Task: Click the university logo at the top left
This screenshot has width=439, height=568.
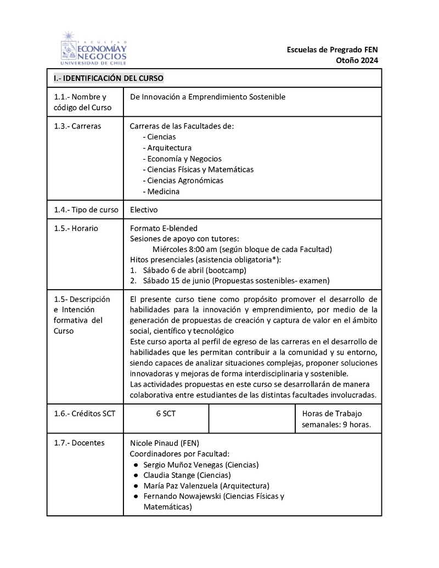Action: (x=93, y=48)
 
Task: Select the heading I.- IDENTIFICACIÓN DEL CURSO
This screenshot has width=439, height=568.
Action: (x=109, y=78)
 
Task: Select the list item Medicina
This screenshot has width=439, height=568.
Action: (x=163, y=191)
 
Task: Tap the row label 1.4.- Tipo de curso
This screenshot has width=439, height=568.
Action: (x=86, y=210)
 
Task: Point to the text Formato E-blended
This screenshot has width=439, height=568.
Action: (x=164, y=228)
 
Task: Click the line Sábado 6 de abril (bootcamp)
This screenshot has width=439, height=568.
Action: (x=194, y=270)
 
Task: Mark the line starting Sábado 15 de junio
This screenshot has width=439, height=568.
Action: (x=236, y=280)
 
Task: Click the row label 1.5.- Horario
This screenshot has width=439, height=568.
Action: (x=76, y=228)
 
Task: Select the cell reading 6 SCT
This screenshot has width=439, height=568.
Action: (x=166, y=413)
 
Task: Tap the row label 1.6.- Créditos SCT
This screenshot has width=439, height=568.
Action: (x=85, y=413)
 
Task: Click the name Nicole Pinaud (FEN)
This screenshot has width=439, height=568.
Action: (x=164, y=443)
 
